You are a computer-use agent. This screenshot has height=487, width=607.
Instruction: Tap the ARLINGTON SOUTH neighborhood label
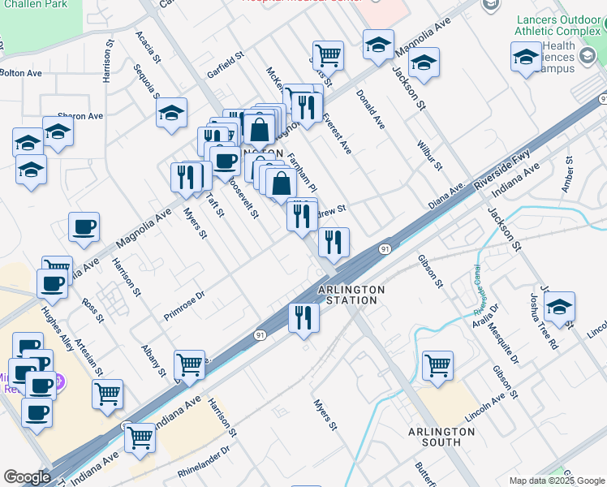[441, 437]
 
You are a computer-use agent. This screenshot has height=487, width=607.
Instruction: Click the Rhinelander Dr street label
[204, 463]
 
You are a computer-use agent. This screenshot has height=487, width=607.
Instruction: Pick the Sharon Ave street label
[80, 116]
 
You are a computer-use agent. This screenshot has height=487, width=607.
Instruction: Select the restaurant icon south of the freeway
[303, 317]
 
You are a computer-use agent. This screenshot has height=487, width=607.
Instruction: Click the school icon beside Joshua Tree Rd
[559, 307]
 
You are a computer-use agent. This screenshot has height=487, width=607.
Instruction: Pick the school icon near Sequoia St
[171, 113]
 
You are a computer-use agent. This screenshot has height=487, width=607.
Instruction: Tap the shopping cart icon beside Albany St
[189, 364]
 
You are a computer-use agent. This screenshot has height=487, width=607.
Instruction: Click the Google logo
[27, 477]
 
